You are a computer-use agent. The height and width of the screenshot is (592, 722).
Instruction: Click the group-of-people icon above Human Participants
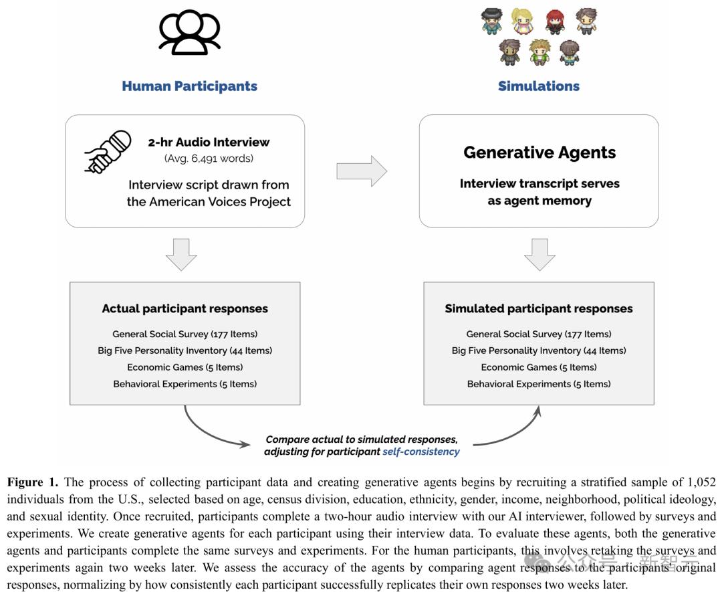(x=190, y=33)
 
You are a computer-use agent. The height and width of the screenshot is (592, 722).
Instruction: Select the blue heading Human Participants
(x=189, y=86)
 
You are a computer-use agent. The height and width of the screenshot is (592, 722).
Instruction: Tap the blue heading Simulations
(x=539, y=86)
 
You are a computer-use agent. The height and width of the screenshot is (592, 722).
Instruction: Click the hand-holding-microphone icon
(x=107, y=152)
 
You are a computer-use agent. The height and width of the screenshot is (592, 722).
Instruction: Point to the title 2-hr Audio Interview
(x=209, y=142)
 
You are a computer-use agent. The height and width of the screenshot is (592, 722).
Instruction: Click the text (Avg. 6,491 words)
(x=209, y=159)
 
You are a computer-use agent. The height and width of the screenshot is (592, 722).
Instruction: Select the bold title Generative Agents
(x=539, y=153)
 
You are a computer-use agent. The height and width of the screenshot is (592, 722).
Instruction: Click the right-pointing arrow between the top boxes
(x=361, y=171)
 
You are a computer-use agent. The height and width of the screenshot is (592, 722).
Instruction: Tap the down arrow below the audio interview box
(x=180, y=254)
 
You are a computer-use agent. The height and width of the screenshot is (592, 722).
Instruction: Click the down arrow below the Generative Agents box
(x=539, y=254)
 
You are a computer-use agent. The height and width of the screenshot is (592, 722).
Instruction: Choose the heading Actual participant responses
(x=185, y=308)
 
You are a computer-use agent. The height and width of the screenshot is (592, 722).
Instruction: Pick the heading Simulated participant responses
(x=539, y=308)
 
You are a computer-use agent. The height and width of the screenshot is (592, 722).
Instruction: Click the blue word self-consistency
(x=421, y=452)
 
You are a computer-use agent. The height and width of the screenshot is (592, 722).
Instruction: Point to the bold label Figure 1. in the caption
(x=33, y=482)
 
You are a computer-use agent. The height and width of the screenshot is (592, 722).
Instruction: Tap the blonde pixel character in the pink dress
(x=523, y=21)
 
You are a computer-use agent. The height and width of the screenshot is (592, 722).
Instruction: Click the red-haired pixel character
(x=555, y=21)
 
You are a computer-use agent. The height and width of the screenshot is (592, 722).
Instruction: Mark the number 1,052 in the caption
(x=699, y=482)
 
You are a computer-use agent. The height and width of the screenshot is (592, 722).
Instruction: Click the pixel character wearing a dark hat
(x=491, y=21)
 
